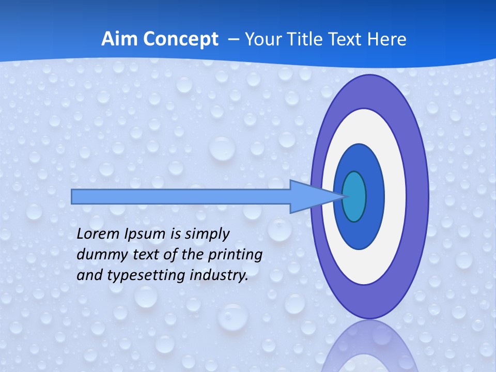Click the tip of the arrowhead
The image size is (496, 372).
345,196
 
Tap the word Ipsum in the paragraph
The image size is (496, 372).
145,235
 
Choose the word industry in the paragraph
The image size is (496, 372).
216,275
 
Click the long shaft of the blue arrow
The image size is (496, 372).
181,196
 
